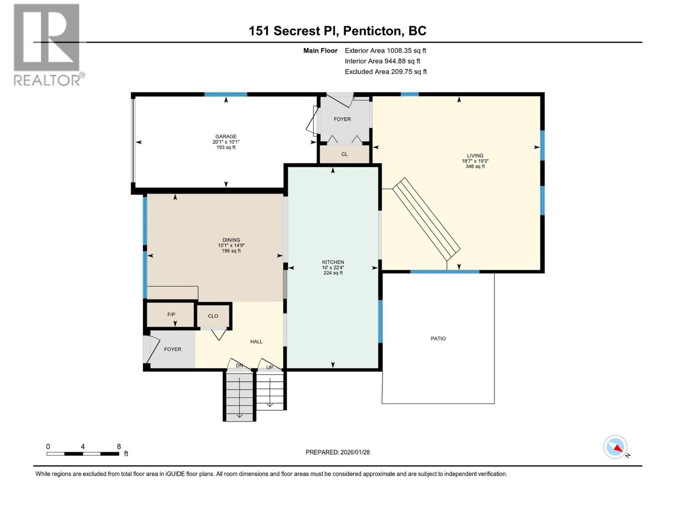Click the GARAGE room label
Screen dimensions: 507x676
point(226,136)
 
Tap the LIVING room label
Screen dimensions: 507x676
point(475,155)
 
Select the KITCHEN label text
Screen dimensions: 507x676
point(333,262)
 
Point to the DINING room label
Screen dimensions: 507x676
point(231,240)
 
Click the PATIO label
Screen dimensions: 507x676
point(438,338)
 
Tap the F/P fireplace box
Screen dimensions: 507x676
point(171,315)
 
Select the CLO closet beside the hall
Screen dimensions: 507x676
point(213,316)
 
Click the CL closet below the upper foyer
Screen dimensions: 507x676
point(344,154)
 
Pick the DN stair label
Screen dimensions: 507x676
point(240,365)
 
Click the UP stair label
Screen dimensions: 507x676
point(270,367)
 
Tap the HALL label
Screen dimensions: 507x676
point(256,341)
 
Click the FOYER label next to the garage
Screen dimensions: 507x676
point(342,119)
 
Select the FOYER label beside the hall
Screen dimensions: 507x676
point(172,349)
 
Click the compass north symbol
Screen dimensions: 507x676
point(616,447)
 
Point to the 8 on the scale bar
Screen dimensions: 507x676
point(119,447)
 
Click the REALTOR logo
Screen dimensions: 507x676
point(47,44)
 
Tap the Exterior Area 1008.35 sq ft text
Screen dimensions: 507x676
point(385,51)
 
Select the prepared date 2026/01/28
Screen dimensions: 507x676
point(354,452)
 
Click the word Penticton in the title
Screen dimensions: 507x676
point(372,31)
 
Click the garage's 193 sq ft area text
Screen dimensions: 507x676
point(226,147)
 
